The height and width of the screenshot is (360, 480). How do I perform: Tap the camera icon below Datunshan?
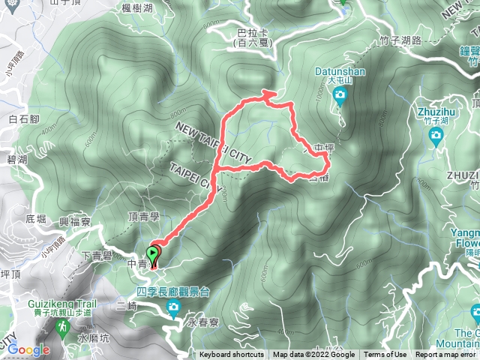(x=340, y=95)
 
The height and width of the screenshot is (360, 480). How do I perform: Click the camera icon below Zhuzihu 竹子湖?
(x=436, y=135)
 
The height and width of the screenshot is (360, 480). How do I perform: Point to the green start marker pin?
(x=154, y=256)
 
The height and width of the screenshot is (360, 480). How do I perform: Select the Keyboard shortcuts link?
(x=232, y=355)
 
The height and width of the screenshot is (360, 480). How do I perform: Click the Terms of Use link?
(x=385, y=355)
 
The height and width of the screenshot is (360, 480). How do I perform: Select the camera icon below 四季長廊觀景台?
(x=173, y=307)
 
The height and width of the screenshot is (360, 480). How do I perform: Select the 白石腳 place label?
(x=23, y=119)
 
